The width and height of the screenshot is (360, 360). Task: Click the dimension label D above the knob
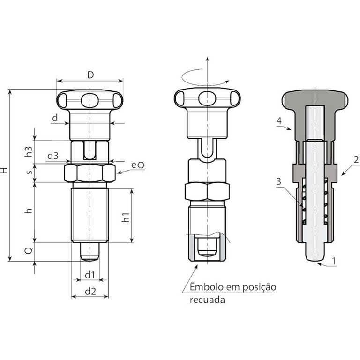click(x=90, y=75)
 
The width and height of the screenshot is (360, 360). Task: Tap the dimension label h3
click(x=29, y=151)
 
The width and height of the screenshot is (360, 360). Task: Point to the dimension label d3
click(x=53, y=156)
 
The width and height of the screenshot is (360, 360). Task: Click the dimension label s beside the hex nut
click(x=29, y=172)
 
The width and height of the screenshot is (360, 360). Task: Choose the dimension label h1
click(x=125, y=217)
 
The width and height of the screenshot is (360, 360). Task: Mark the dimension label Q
click(x=29, y=250)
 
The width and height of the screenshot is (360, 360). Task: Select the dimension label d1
click(x=90, y=275)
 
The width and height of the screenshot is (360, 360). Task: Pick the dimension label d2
click(x=90, y=292)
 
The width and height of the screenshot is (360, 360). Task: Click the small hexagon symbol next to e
click(x=141, y=165)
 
